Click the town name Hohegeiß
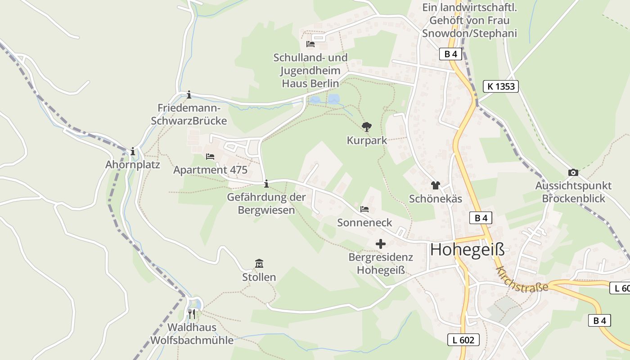click(467, 250)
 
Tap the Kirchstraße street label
click(522, 279)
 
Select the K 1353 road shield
click(501, 86)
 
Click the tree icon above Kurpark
click(367, 127)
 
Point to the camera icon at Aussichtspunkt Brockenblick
click(573, 172)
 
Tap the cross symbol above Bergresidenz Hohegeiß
click(381, 244)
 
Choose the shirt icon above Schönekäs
click(435, 185)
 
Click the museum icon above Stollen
click(259, 264)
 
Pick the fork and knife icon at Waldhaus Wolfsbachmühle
click(192, 314)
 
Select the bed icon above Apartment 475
click(210, 157)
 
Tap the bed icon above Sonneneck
click(364, 209)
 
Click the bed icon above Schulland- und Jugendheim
click(310, 44)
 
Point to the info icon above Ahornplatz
click(133, 152)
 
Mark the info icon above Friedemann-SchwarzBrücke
click(189, 94)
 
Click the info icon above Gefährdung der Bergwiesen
click(266, 184)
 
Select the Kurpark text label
click(367, 140)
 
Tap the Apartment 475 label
click(210, 170)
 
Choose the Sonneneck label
click(364, 223)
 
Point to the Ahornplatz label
click(133, 165)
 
